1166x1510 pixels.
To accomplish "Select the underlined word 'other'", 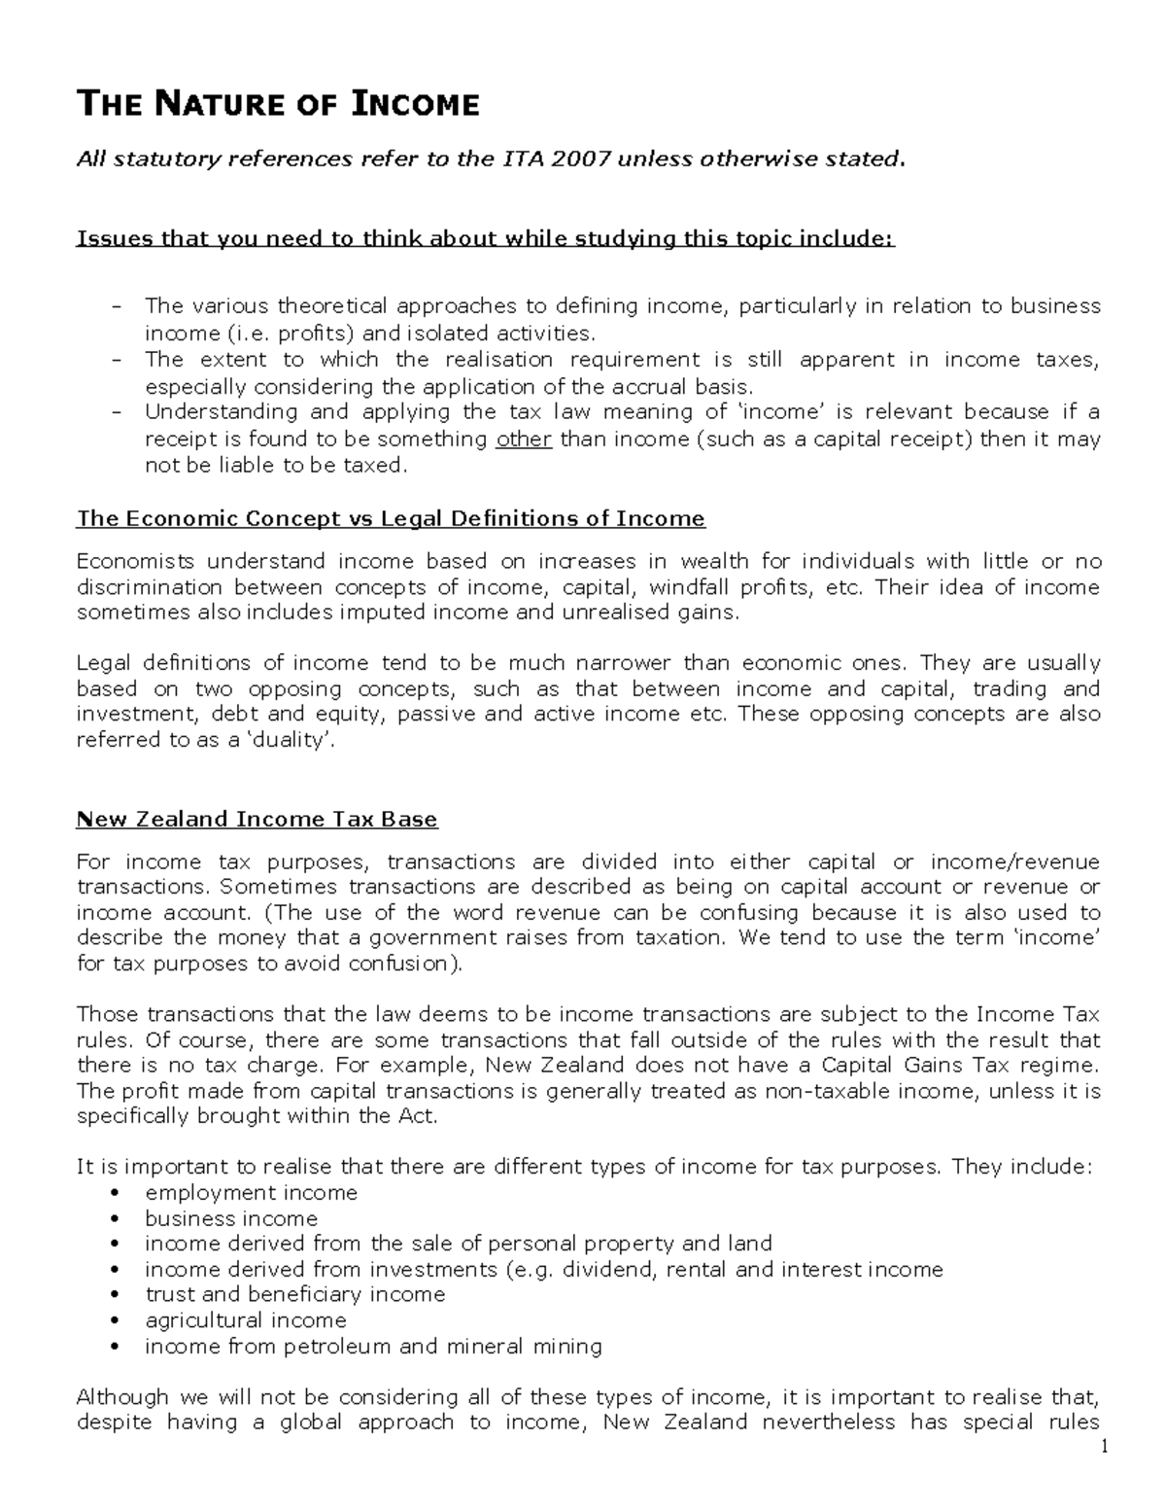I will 524,439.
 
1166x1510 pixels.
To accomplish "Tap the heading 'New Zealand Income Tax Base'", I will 257,820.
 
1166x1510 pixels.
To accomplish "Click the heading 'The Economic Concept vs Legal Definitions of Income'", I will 391,518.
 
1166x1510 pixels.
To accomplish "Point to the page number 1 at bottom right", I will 1104,1448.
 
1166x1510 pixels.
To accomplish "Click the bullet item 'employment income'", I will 251,1193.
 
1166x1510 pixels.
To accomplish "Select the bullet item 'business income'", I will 231,1219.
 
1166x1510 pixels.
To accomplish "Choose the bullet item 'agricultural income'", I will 245,1320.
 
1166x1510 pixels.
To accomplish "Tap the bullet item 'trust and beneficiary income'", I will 294,1294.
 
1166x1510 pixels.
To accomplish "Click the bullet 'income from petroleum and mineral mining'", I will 373,1347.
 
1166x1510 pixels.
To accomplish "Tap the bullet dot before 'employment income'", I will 117,1194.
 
